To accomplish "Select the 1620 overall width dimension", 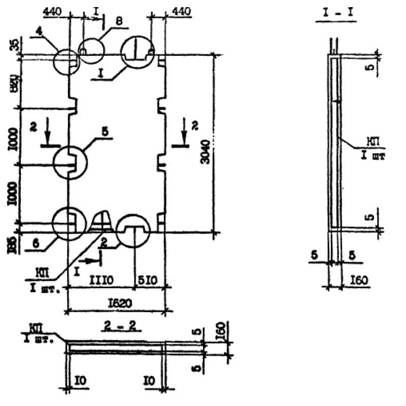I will (120, 303).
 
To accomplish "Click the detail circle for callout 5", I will (71, 162).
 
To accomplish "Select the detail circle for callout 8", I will (91, 50).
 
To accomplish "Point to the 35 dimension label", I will (13, 44).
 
